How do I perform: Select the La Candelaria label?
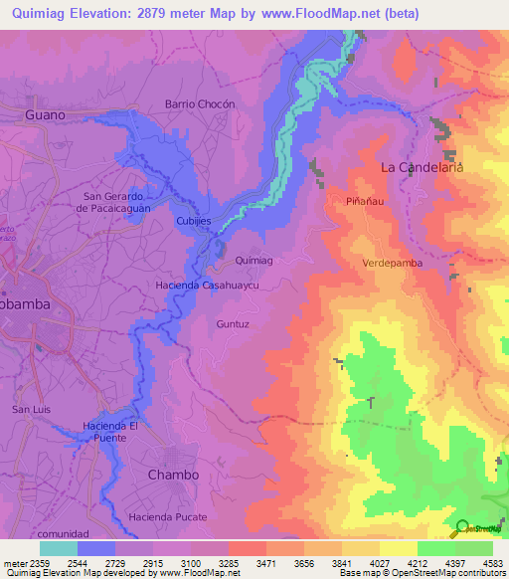tap(423, 168)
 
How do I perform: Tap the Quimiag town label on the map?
tap(253, 260)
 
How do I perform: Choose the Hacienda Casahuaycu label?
tap(207, 286)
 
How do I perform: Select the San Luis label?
tap(30, 410)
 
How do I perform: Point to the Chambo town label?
tap(173, 475)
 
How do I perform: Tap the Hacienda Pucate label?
tap(168, 517)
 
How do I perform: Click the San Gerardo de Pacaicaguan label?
tap(115, 202)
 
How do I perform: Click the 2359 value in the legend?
tap(40, 562)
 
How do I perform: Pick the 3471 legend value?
tap(263, 562)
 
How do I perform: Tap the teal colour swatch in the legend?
tap(58, 548)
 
